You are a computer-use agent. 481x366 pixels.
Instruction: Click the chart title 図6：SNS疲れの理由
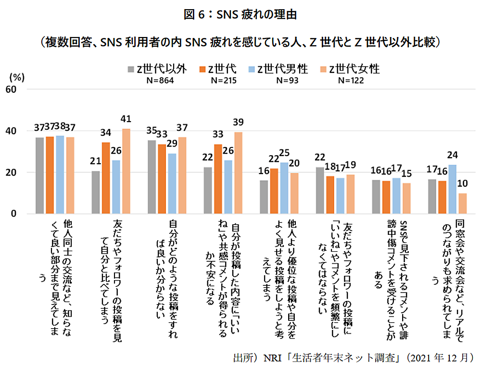coord(240,14)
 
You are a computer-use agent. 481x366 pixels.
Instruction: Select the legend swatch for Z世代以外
coord(131,69)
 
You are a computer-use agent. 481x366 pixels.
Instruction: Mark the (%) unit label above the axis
coord(17,77)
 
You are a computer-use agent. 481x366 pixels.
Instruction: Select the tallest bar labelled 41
coord(127,171)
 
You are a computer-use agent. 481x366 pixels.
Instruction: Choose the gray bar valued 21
coord(96,192)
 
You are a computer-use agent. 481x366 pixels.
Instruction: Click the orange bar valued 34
coord(106,178)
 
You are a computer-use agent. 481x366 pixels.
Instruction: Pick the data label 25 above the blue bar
coord(284,153)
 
